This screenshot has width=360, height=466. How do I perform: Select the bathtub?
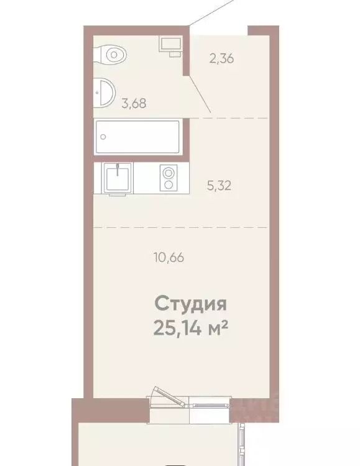(x=137, y=137)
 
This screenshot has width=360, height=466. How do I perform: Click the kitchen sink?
(x=117, y=179)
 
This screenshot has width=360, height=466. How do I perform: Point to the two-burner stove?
(x=168, y=179)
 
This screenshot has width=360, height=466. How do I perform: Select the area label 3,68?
(x=134, y=104)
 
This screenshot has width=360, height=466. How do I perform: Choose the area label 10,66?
(x=168, y=256)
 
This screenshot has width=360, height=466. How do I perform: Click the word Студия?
(x=190, y=304)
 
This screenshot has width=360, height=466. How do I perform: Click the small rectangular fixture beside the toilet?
(x=170, y=44)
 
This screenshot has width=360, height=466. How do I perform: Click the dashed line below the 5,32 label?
(x=180, y=228)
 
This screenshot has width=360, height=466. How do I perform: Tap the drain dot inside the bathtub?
(x=104, y=136)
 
